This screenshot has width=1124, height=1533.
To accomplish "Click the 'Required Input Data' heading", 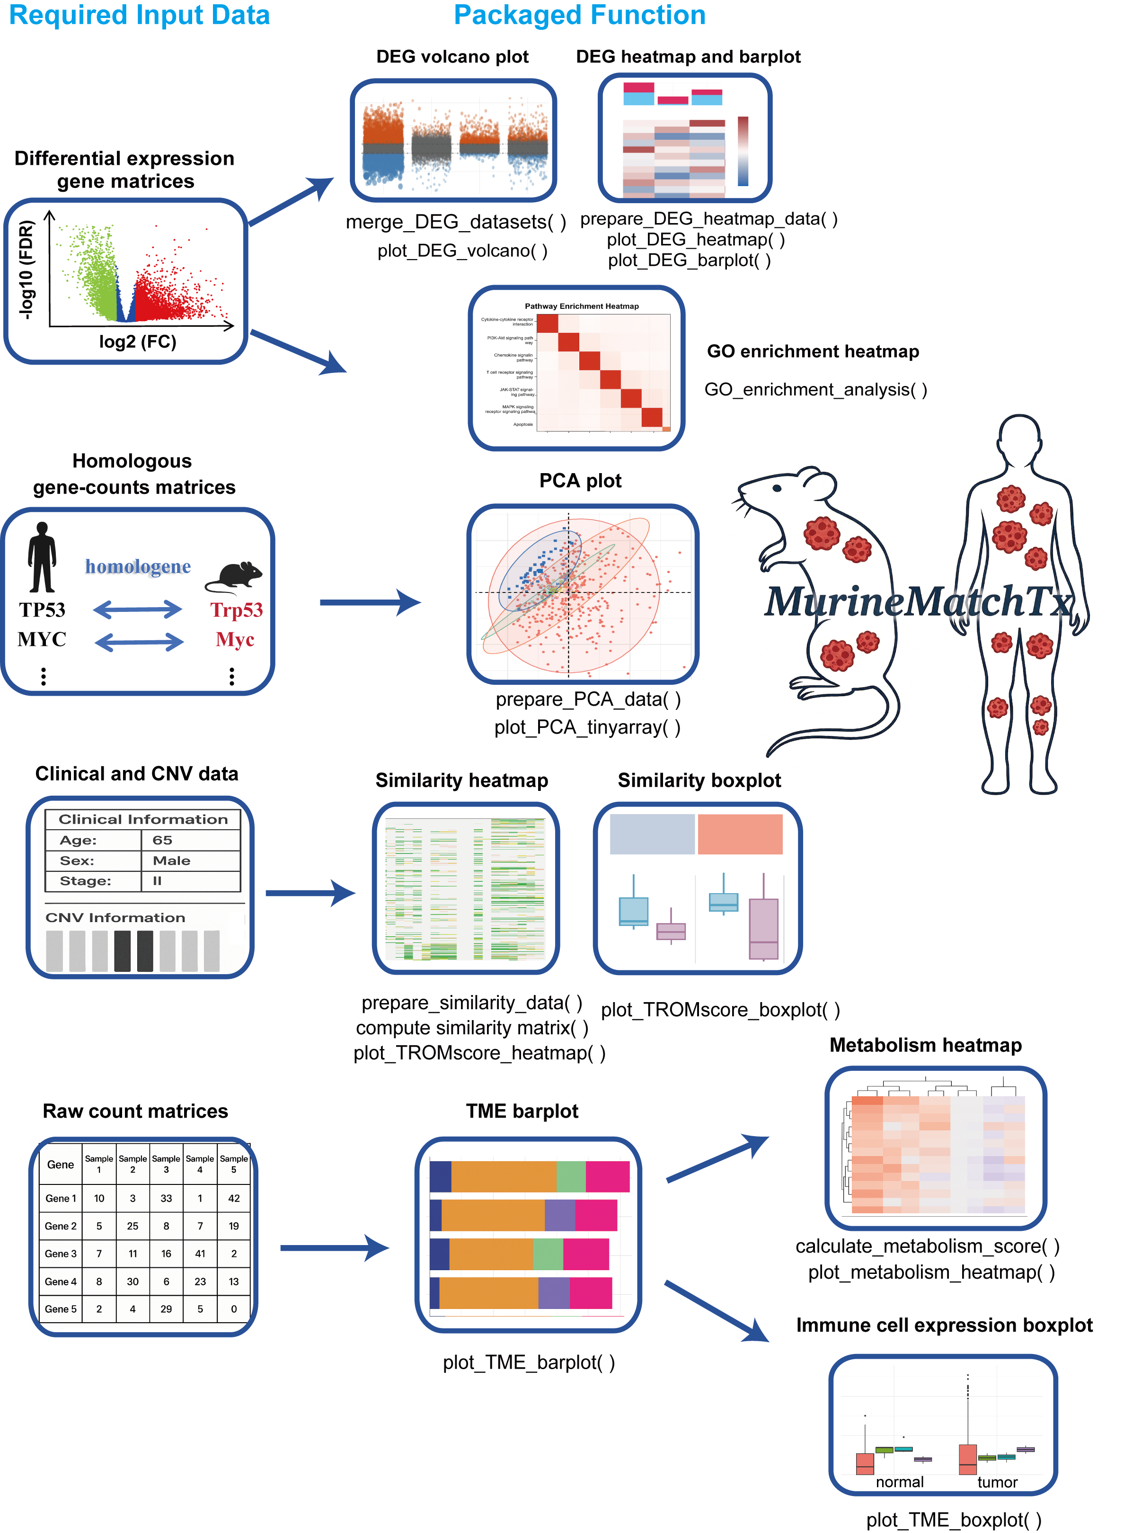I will (140, 15).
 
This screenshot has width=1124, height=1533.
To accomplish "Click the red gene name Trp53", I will (236, 610).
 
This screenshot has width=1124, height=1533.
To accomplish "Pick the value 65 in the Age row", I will (163, 840).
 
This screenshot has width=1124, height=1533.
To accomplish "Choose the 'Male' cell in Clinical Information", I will (171, 861).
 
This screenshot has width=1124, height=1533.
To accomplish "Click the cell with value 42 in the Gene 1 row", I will (233, 1198).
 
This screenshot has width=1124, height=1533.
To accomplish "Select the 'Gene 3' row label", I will (61, 1253).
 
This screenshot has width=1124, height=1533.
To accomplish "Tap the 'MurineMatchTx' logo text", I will (919, 602).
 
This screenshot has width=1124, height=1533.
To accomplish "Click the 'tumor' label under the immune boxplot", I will (997, 1482).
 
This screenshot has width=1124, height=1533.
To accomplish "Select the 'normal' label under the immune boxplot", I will (900, 1482).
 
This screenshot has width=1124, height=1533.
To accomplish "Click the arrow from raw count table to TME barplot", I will (333, 1248).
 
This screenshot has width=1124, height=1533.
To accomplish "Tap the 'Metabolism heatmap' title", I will (925, 1045).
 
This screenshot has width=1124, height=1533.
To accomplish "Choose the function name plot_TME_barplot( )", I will (529, 1362).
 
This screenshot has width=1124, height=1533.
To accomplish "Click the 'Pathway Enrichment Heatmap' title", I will (582, 306).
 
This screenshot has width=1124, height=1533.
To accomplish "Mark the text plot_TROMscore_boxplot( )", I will (720, 1010).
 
